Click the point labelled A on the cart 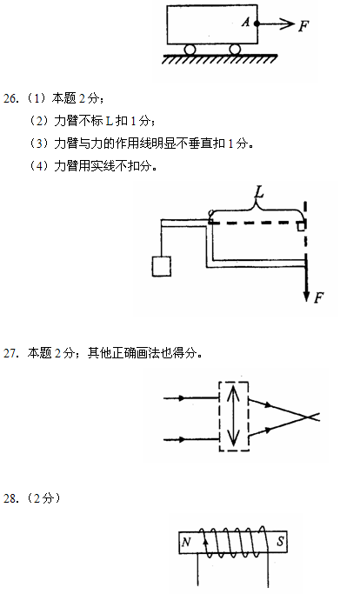[257, 23]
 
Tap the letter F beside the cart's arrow [303, 26]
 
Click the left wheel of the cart [190, 50]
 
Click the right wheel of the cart [235, 50]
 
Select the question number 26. [10, 98]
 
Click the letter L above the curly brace [259, 192]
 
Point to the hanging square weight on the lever [162, 266]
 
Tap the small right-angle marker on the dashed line [301, 226]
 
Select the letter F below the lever [319, 297]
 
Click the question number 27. [10, 353]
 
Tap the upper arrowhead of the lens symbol [233, 391]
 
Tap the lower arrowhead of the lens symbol [233, 440]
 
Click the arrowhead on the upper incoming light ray [182, 398]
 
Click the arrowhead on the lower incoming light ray [182, 439]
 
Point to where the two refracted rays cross [308, 417]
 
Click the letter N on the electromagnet [186, 543]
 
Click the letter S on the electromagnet [280, 541]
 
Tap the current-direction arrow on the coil [206, 542]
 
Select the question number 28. [10, 498]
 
